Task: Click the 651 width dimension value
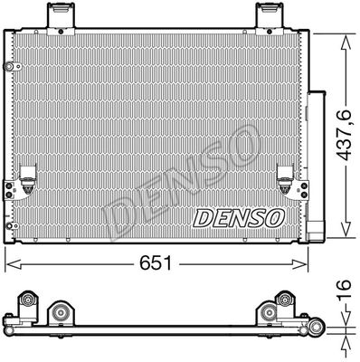156,263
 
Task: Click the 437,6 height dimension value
344,135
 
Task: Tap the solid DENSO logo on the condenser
239,218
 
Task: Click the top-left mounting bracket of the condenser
61,19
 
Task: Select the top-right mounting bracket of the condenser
270,19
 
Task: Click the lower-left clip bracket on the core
28,180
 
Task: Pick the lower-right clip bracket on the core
285,180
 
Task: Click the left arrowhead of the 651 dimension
14,264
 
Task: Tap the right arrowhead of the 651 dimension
299,264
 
